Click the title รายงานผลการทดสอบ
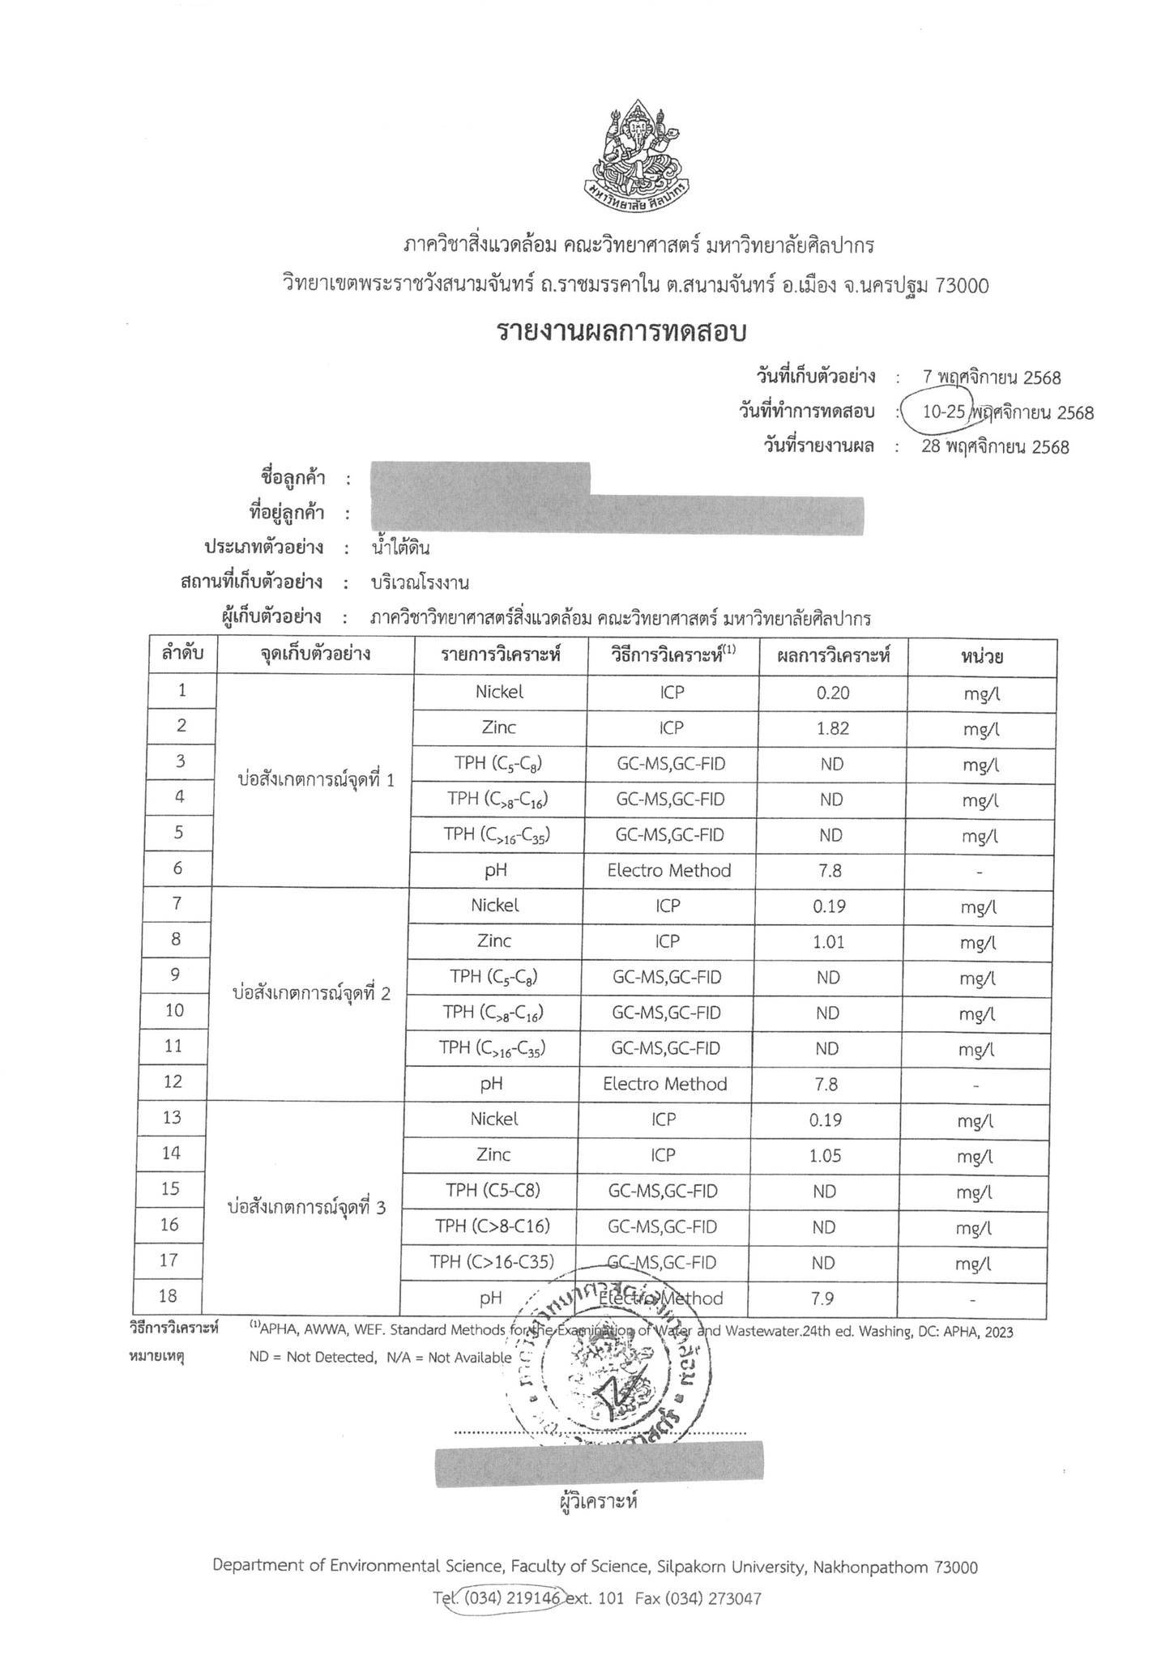pos(621,333)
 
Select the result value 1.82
pos(834,728)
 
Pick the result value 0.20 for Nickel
pos(834,693)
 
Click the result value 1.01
pos(830,941)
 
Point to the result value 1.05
pos(826,1156)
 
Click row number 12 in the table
pos(173,1081)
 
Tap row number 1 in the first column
pos(182,690)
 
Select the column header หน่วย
pos(982,656)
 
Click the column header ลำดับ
pos(182,653)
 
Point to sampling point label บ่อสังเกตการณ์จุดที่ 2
pos(311,994)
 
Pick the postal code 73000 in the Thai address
pos(962,286)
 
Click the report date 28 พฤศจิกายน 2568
pos(996,447)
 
